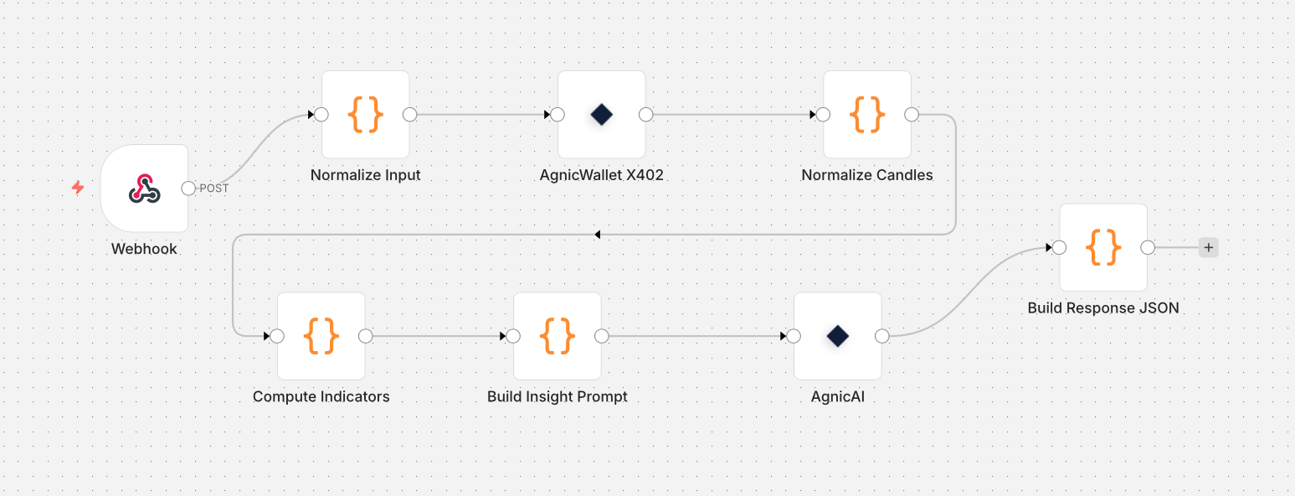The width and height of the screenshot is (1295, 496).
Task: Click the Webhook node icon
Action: pyautogui.click(x=144, y=189)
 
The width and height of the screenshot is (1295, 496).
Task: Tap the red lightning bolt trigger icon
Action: pyautogui.click(x=78, y=188)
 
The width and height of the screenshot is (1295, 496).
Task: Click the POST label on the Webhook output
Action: pyautogui.click(x=213, y=189)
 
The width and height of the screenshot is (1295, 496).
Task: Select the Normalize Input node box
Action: pyautogui.click(x=366, y=115)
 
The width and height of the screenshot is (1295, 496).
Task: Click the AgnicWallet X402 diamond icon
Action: pyautogui.click(x=601, y=115)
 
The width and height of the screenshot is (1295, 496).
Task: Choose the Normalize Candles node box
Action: pyautogui.click(x=867, y=115)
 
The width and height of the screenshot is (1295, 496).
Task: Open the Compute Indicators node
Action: pyautogui.click(x=321, y=336)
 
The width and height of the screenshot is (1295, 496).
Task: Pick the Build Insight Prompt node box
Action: pyautogui.click(x=557, y=336)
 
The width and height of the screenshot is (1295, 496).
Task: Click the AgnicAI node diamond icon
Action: pyautogui.click(x=837, y=336)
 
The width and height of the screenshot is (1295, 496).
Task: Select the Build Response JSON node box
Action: pyautogui.click(x=1103, y=247)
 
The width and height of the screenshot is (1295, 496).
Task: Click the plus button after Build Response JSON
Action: pyautogui.click(x=1208, y=247)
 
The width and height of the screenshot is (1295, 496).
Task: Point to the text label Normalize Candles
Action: pyautogui.click(x=867, y=175)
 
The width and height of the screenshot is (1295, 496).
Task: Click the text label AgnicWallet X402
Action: pyautogui.click(x=601, y=175)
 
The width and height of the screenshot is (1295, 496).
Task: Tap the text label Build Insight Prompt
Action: pyautogui.click(x=557, y=396)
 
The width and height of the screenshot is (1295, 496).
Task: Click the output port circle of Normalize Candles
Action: pyautogui.click(x=912, y=115)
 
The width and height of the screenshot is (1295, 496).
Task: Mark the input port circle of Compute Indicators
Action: pyautogui.click(x=277, y=336)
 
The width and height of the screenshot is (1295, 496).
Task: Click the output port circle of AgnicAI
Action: pyautogui.click(x=881, y=336)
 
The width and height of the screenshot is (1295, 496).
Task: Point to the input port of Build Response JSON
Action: pyautogui.click(x=1059, y=247)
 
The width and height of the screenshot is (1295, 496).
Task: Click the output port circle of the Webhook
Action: pyautogui.click(x=188, y=189)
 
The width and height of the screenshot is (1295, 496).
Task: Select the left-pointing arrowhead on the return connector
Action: pyautogui.click(x=597, y=235)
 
